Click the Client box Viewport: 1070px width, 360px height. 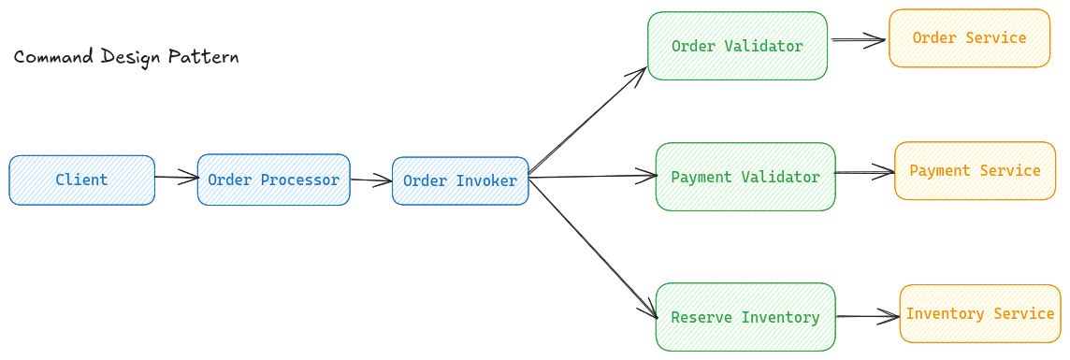click(x=81, y=180)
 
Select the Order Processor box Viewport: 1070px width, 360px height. click(x=273, y=180)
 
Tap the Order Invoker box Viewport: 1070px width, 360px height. click(x=460, y=180)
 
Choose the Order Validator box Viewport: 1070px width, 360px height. click(x=737, y=46)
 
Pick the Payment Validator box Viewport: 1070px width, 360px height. click(x=745, y=177)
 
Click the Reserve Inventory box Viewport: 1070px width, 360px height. click(x=745, y=317)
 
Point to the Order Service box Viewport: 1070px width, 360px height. click(x=969, y=38)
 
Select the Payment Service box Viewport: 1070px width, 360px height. click(x=975, y=170)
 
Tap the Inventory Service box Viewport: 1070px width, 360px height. click(x=980, y=313)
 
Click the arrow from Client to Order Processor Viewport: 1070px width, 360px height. click(x=176, y=177)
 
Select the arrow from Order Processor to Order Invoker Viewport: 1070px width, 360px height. click(x=370, y=180)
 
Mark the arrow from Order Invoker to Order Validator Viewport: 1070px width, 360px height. click(x=587, y=121)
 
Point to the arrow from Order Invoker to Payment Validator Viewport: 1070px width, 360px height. click(x=593, y=175)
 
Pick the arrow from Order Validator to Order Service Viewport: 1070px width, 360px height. click(x=858, y=40)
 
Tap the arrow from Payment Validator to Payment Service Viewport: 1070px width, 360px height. click(x=864, y=172)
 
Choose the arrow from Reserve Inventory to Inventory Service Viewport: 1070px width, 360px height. click(x=867, y=316)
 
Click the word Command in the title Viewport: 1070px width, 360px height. click(x=52, y=57)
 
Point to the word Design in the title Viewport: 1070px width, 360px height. click(x=131, y=58)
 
